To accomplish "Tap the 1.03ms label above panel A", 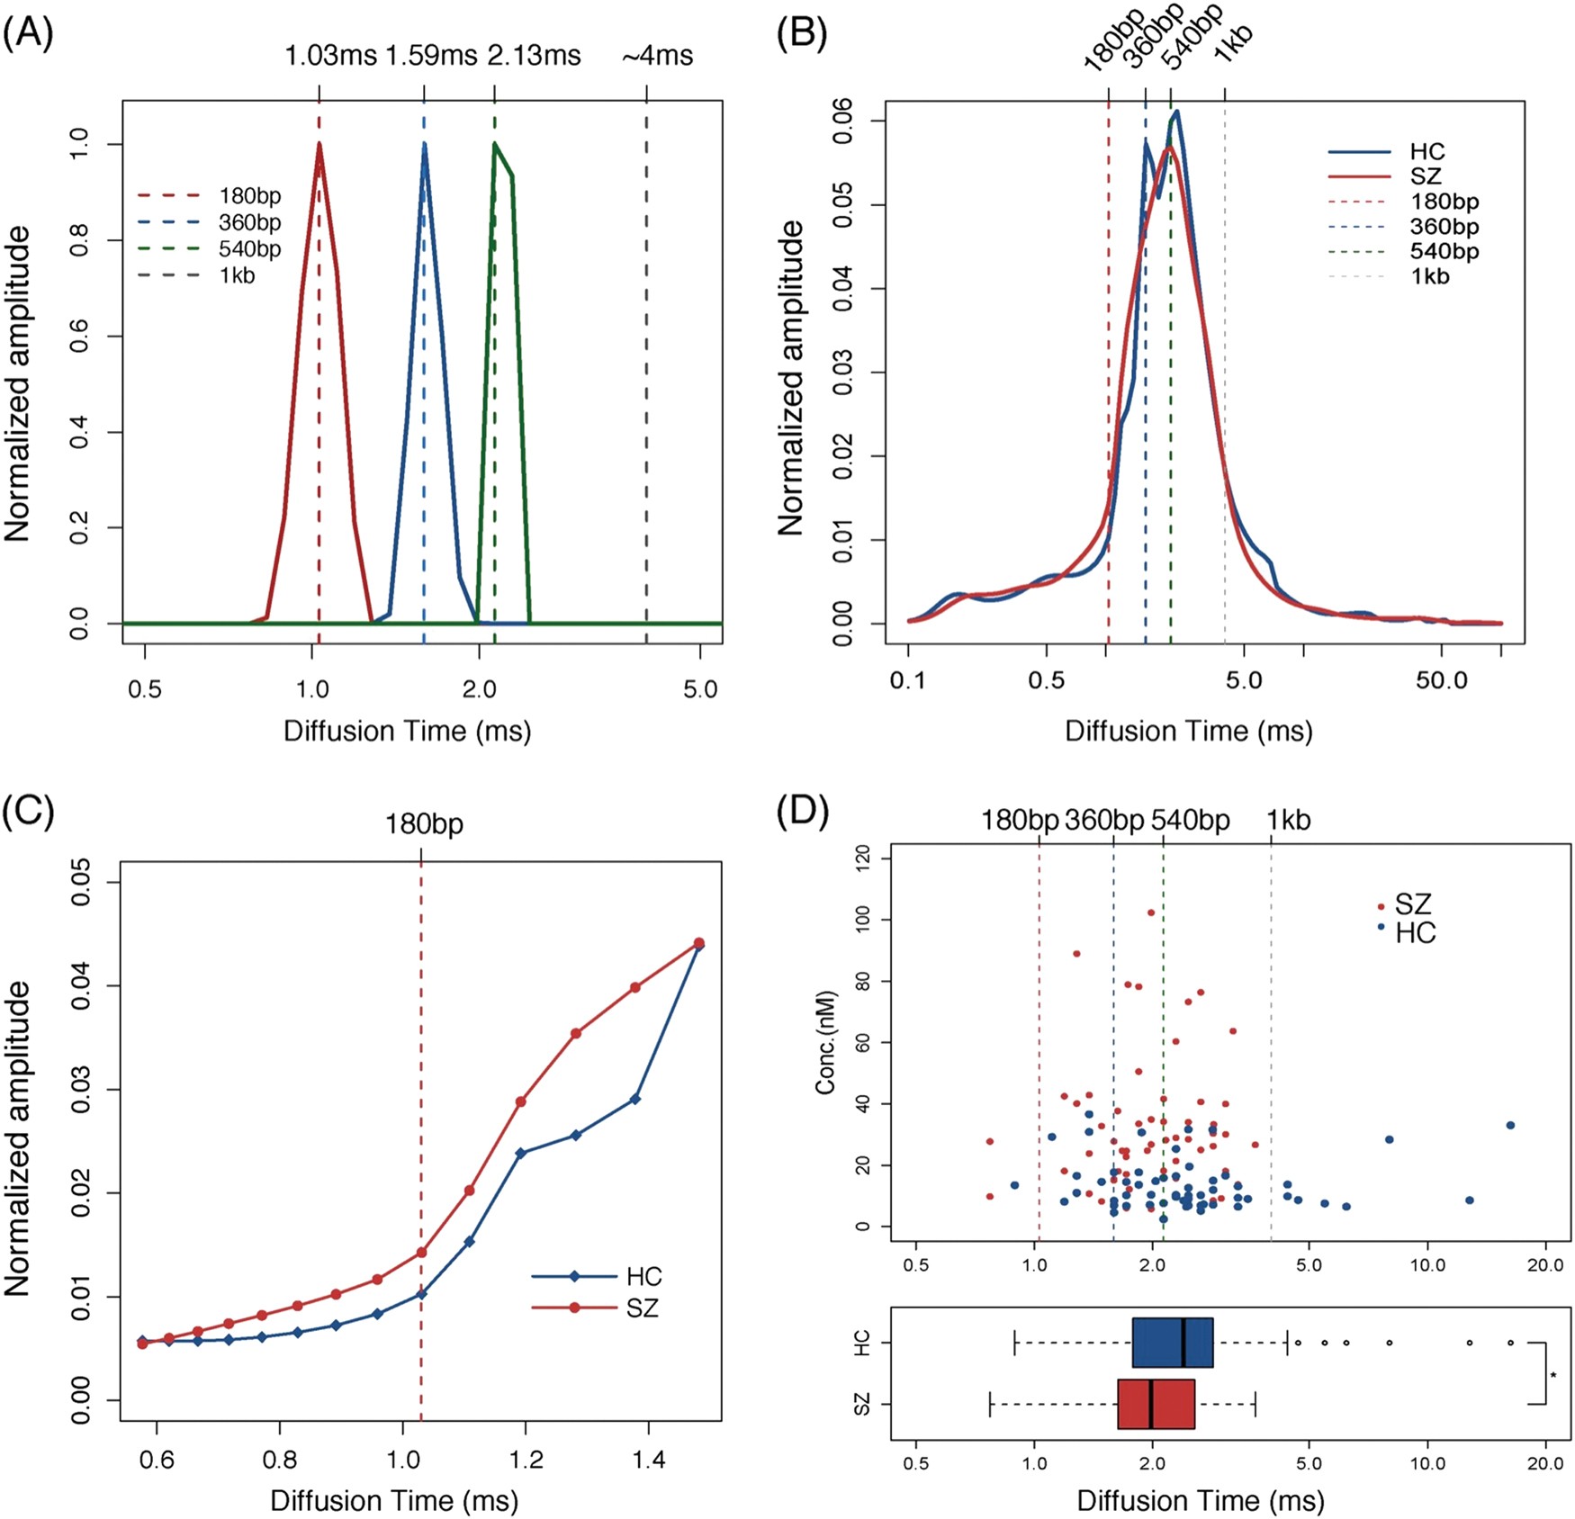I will coord(330,56).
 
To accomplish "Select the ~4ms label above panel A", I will coord(657,56).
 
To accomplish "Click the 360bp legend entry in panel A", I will coord(249,222).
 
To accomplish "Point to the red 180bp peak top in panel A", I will coord(319,144).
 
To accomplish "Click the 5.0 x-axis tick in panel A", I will coord(699,689).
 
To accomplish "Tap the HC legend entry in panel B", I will coord(1426,151).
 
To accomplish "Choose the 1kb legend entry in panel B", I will coord(1429,276).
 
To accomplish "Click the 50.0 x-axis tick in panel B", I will coord(1442,680).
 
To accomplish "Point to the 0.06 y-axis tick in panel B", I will coord(842,121).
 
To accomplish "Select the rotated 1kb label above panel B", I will coord(1233,42).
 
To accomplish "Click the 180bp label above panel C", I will coord(424,824).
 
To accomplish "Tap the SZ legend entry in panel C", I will coord(642,1308).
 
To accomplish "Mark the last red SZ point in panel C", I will coord(698,943).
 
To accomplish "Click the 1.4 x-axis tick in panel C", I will coord(648,1459).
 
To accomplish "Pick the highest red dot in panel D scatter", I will coord(1151,912).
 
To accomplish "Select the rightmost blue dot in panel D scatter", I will coord(1510,1125).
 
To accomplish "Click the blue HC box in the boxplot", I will coord(1172,1343).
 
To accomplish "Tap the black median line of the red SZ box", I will coord(1151,1404).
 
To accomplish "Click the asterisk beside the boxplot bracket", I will coord(1553,1375).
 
